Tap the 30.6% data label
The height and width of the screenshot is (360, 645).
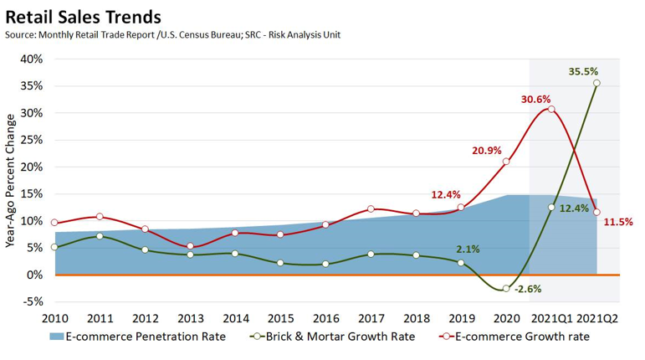[x=535, y=99]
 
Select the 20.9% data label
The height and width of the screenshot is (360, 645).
[x=487, y=151]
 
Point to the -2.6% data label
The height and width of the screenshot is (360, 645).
[x=528, y=290]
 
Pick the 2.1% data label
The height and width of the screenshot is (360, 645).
[x=468, y=249]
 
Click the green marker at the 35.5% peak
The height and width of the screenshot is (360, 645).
[x=596, y=83]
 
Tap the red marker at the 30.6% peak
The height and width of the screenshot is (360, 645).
[x=550, y=110]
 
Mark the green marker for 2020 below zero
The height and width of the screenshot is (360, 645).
[x=505, y=289]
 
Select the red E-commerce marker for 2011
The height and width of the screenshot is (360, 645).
[x=100, y=217]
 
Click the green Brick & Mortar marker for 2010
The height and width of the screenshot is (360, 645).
[x=54, y=247]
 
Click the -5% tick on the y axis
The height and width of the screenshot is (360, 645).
[x=32, y=301]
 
